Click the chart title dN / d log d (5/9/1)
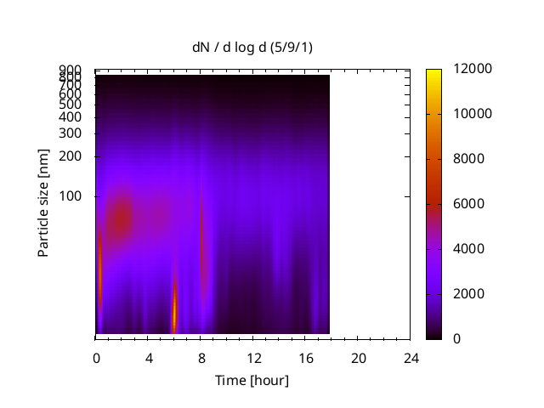(x=252, y=48)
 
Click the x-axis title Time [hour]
(x=252, y=381)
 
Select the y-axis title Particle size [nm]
(x=43, y=203)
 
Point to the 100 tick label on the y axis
(x=70, y=196)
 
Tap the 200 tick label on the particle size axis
(x=70, y=156)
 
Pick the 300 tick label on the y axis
(x=70, y=133)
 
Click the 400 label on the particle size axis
(x=70, y=117)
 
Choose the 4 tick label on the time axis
(x=149, y=358)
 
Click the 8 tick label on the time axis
(x=201, y=358)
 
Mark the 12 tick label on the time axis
(x=254, y=358)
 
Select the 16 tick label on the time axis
(x=306, y=358)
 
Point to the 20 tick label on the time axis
(x=359, y=358)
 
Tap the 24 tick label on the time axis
(x=411, y=358)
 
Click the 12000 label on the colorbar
(x=473, y=69)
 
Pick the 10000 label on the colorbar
(x=473, y=114)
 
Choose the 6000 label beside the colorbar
(x=468, y=204)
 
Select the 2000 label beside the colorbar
(x=468, y=294)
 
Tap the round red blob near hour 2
(x=121, y=218)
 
